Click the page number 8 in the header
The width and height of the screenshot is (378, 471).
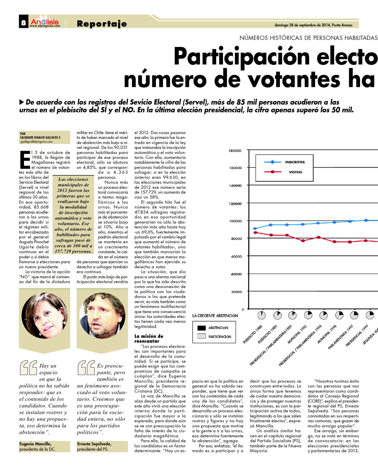(23, 23)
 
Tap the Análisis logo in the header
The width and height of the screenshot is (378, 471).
(45, 22)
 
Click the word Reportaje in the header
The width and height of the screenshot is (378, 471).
(102, 24)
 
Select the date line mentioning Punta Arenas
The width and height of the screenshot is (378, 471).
(313, 25)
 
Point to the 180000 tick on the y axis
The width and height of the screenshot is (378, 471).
(235, 151)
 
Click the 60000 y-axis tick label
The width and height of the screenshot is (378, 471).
(237, 256)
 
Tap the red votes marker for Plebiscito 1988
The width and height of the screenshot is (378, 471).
(255, 233)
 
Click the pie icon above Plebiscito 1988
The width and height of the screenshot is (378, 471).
(261, 315)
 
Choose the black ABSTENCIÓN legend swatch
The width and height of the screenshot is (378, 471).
(201, 328)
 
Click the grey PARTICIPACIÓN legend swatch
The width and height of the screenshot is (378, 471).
(201, 336)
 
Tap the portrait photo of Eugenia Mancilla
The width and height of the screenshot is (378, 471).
(44, 315)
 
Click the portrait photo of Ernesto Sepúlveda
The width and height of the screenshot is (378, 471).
(102, 315)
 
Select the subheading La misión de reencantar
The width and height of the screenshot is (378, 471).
(149, 339)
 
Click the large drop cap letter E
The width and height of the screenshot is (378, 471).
(25, 159)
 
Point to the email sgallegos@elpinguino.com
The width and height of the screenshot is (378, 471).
(36, 142)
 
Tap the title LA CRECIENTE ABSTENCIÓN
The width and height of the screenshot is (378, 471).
(215, 316)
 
